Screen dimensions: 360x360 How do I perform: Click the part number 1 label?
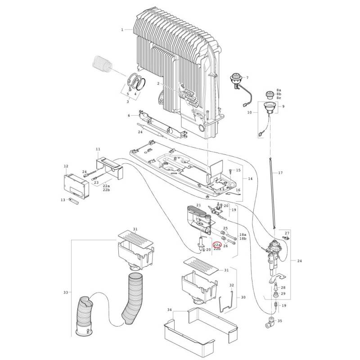(x=122, y=30)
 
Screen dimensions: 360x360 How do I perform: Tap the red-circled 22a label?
(x=217, y=245)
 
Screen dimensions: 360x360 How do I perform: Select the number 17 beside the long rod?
(x=280, y=173)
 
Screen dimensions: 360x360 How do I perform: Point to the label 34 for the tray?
(x=169, y=310)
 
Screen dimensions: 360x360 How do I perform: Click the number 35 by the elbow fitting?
(x=279, y=321)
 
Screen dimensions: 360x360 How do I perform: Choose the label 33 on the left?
(x=66, y=292)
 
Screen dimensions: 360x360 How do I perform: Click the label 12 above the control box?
(x=66, y=166)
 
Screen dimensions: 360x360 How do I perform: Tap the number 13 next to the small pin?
(x=63, y=199)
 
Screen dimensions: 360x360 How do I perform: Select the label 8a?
(x=279, y=90)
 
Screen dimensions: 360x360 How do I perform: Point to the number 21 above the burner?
(x=186, y=205)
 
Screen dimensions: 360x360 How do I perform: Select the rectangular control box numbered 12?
(x=77, y=185)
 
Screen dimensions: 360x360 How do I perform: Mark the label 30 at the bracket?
(x=243, y=297)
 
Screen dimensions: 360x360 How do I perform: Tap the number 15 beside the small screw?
(x=238, y=171)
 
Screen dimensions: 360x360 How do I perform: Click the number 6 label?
(x=129, y=116)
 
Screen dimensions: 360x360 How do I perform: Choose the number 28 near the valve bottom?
(x=283, y=287)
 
